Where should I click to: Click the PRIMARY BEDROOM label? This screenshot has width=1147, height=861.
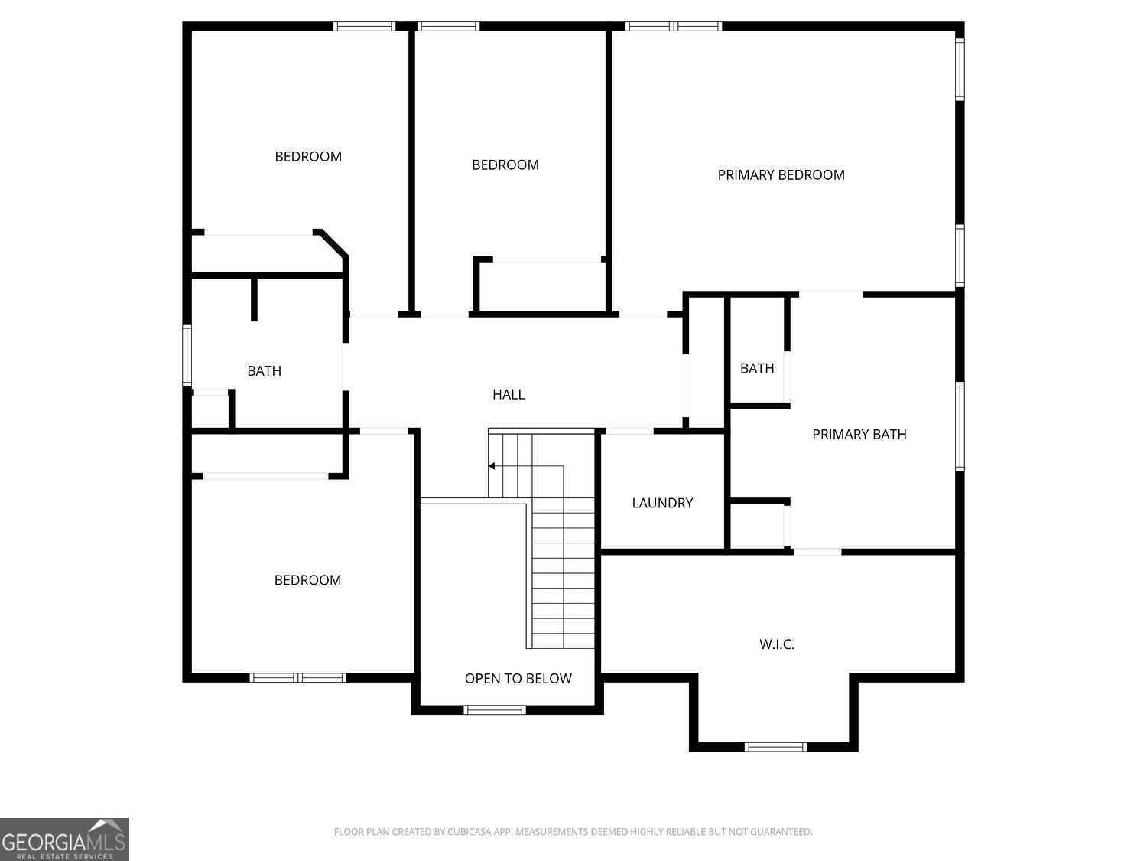click(x=781, y=175)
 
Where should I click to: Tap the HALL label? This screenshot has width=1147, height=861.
click(x=509, y=395)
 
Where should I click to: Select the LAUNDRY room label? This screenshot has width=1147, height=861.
click(x=662, y=503)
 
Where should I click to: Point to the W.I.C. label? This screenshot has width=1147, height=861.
click(x=776, y=644)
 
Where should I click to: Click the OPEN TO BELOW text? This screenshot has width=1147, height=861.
click(x=518, y=679)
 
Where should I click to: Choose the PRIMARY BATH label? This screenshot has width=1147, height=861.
click(x=859, y=435)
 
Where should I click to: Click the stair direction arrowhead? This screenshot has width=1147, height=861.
click(x=491, y=466)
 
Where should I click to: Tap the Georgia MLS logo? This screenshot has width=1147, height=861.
click(x=64, y=840)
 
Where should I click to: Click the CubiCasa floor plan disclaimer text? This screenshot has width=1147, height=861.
click(x=573, y=832)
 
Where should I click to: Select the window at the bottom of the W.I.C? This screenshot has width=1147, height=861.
click(x=775, y=747)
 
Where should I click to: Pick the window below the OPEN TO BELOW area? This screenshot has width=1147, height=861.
click(x=494, y=710)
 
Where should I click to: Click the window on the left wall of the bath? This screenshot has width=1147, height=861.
click(x=187, y=355)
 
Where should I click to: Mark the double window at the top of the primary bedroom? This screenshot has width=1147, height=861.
click(x=674, y=26)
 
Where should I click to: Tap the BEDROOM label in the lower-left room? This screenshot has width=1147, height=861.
click(x=308, y=580)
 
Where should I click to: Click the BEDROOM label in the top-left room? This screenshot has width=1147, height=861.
click(x=308, y=157)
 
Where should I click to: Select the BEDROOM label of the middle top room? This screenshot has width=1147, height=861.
click(x=505, y=165)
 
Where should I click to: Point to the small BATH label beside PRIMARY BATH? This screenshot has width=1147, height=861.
click(x=757, y=369)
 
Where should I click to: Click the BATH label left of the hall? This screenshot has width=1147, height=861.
click(x=265, y=371)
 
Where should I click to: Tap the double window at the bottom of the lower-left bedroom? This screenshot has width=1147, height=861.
click(x=298, y=678)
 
